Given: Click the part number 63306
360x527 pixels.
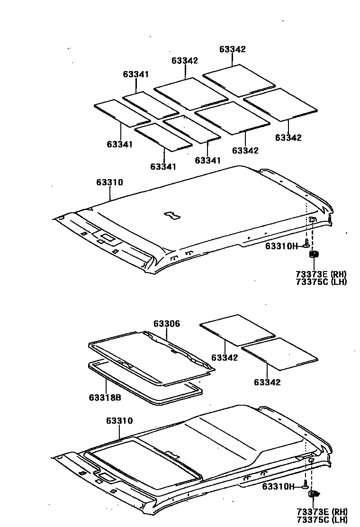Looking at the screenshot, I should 167,324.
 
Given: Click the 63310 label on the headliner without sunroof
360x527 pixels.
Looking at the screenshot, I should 110,182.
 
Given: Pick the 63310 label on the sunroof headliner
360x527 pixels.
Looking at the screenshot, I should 119,420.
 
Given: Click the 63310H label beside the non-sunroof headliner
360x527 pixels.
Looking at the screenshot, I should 281,246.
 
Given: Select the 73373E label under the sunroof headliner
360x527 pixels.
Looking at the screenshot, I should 312,511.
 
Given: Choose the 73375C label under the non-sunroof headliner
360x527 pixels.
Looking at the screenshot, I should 312,282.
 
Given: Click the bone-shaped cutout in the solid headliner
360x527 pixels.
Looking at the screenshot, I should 171,216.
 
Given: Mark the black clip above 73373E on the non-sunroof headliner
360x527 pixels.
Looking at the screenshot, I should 314,255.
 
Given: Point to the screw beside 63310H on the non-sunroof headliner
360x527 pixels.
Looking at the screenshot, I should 306,245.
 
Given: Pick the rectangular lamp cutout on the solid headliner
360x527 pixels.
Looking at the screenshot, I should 108,237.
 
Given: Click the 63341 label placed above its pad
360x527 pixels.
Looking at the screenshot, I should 136,74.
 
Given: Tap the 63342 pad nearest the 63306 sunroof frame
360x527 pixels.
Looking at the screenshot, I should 237,330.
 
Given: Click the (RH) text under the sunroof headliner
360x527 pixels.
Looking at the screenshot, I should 339,511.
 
